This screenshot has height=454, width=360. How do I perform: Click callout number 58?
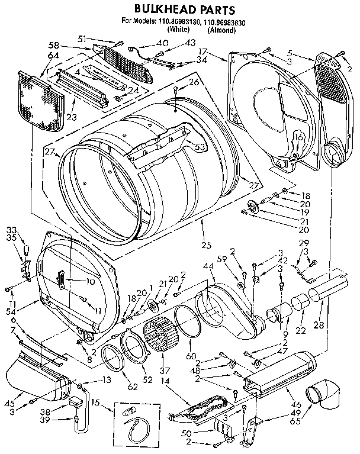click(x=53, y=46)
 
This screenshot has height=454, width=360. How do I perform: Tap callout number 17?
click(x=220, y=51)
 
